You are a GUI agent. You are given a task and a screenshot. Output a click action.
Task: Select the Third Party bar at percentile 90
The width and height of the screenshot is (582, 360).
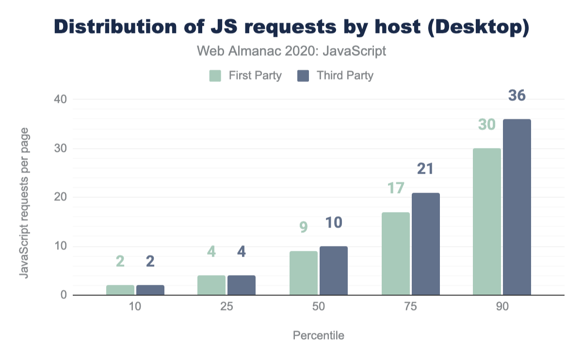coord(517,207)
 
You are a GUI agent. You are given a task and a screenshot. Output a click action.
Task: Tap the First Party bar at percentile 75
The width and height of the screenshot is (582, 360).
coord(396,254)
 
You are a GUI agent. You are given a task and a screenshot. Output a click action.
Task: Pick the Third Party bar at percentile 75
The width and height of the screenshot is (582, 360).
coord(426,244)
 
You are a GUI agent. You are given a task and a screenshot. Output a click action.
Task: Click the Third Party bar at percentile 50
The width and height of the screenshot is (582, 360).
coord(334,271)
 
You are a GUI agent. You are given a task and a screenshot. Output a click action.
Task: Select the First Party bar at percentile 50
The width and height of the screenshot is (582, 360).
coord(304,273)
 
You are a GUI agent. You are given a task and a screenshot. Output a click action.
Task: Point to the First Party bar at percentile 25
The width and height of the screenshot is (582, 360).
coord(211,285)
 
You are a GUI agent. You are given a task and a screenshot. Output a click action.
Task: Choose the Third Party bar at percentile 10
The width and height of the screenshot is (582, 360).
coord(150,290)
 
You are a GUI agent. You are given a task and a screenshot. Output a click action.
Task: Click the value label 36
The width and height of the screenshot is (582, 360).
coord(517,96)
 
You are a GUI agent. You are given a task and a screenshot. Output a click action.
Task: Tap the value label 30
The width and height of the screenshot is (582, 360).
coord(486,125)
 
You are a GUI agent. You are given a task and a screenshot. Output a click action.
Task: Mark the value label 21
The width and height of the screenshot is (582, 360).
coord(425,169)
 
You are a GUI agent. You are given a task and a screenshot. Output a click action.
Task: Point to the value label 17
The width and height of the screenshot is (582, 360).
coord(395,188)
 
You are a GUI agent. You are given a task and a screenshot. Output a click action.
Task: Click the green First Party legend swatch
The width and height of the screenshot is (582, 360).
coord(215,76)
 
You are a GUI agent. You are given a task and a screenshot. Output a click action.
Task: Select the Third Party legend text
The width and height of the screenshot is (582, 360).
coord(345,76)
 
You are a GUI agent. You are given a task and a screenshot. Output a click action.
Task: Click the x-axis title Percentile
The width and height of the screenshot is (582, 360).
coord(319,336)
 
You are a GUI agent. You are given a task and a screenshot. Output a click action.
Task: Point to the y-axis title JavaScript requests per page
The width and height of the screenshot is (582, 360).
coord(23,203)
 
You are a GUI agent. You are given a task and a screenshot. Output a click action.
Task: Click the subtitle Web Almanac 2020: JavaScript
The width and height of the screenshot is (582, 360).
coord(291,51)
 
